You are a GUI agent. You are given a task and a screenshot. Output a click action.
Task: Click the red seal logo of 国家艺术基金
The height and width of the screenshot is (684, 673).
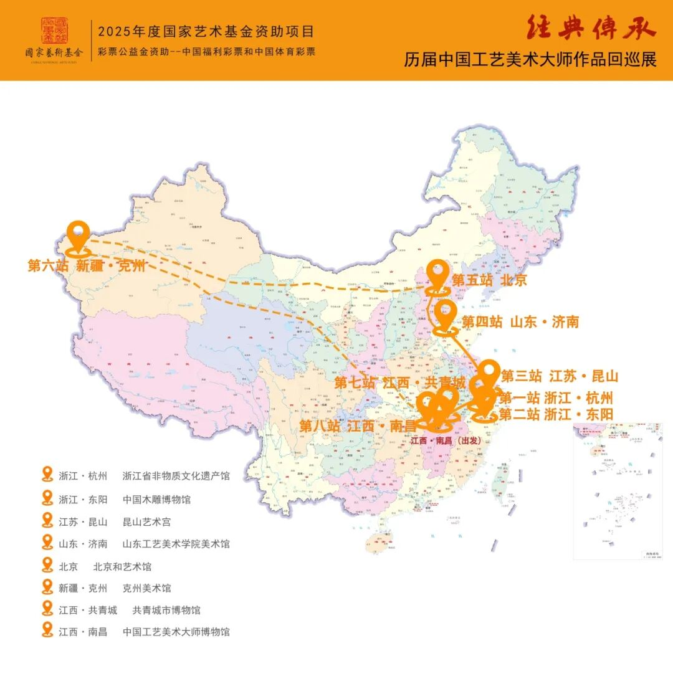54,30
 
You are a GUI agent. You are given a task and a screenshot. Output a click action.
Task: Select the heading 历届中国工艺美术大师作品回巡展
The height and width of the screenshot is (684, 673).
530,60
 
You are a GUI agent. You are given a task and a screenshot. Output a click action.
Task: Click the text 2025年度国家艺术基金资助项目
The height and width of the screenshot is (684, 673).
206,31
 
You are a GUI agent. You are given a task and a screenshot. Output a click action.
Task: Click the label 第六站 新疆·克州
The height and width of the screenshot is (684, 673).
87,267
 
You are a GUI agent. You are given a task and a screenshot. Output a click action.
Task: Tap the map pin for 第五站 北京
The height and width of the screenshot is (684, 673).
439,277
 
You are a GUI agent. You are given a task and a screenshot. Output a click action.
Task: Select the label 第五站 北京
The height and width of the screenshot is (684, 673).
489,280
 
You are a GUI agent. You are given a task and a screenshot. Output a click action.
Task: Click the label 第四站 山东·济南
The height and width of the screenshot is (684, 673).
520,322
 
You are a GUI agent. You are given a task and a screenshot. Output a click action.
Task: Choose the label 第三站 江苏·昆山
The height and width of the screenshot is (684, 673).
560,376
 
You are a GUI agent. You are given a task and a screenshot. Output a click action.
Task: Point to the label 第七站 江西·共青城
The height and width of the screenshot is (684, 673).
400,382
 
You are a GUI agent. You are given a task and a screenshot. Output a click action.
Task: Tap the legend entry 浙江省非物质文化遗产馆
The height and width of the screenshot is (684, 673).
176,477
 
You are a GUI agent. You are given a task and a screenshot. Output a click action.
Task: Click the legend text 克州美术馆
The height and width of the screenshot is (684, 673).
147,588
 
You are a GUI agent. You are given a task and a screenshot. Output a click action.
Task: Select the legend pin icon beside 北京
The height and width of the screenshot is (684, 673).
47,565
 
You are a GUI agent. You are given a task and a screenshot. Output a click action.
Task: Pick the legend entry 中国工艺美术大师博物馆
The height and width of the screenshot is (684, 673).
176,632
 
